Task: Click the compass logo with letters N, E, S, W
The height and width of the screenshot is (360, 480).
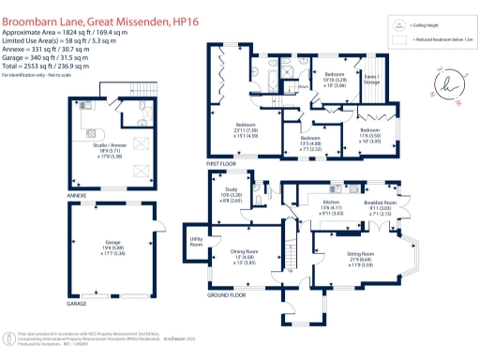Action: click(x=442, y=86)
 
